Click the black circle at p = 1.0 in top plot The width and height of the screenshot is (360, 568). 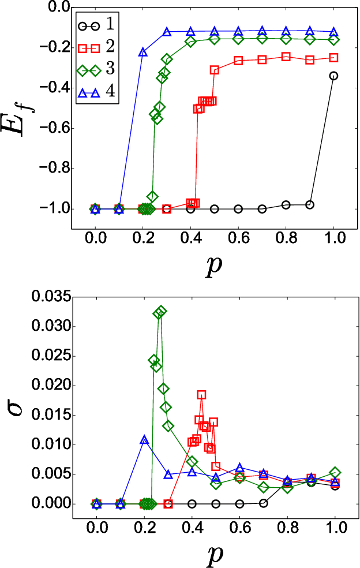coord(333,76)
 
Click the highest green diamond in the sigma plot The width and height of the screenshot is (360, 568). coord(161,312)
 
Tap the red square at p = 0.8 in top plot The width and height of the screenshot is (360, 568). coord(286,57)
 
